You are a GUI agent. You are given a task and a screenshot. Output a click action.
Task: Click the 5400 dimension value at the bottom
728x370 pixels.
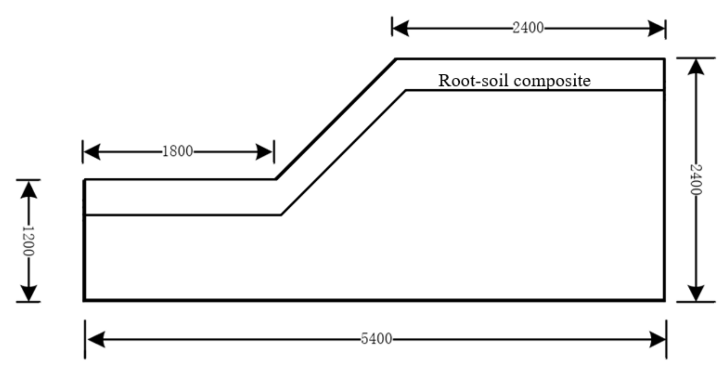pyautogui.click(x=376, y=339)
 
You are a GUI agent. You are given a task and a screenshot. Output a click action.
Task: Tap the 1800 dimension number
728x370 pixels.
pyautogui.click(x=177, y=151)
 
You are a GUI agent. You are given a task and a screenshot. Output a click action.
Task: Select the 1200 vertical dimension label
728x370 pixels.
pyautogui.click(x=28, y=241)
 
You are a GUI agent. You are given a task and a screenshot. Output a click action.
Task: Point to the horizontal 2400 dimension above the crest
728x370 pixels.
pyautogui.click(x=528, y=28)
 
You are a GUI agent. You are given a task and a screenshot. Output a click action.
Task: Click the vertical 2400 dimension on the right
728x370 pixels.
pyautogui.click(x=696, y=180)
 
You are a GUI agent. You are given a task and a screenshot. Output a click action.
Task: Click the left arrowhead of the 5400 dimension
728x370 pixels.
pyautogui.click(x=96, y=339)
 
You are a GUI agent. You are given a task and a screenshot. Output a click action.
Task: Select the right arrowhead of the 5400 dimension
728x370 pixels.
pyautogui.click(x=657, y=339)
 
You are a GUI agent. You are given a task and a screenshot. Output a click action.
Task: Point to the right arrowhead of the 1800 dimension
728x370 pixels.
pyautogui.click(x=264, y=152)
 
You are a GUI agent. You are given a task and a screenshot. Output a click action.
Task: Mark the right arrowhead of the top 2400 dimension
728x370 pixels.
pyautogui.click(x=656, y=28)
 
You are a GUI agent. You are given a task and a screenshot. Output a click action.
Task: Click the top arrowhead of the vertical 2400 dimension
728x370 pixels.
pyautogui.click(x=696, y=67)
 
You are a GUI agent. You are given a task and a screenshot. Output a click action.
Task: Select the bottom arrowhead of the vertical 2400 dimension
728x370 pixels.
pyautogui.click(x=696, y=293)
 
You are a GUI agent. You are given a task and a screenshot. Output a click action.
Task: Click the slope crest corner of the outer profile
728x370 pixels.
pyautogui.click(x=396, y=59)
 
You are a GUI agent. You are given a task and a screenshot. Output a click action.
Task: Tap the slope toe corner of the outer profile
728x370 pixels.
pyautogui.click(x=276, y=179)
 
